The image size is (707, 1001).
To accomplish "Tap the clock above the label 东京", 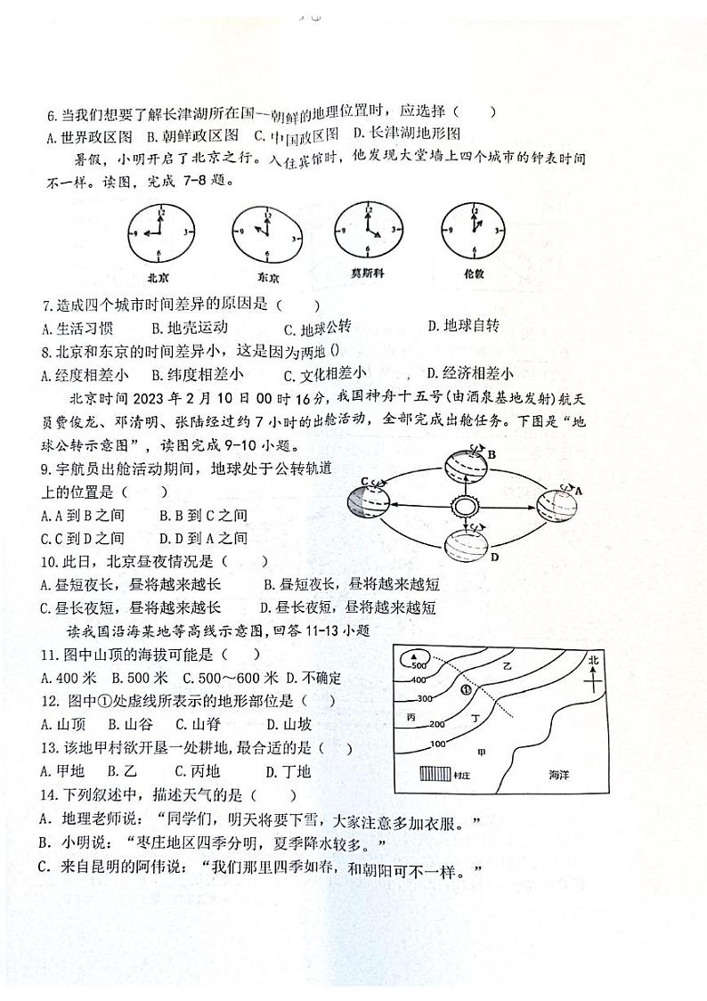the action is click(263, 233).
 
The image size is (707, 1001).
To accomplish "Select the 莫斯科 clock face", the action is click(367, 230).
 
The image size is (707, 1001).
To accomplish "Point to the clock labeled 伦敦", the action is click(472, 231).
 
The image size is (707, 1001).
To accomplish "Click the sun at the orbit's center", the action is click(463, 508).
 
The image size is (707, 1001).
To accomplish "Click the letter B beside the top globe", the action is click(491, 455).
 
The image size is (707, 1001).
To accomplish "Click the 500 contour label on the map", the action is click(419, 665).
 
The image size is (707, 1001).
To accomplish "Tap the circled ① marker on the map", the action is click(463, 688).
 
